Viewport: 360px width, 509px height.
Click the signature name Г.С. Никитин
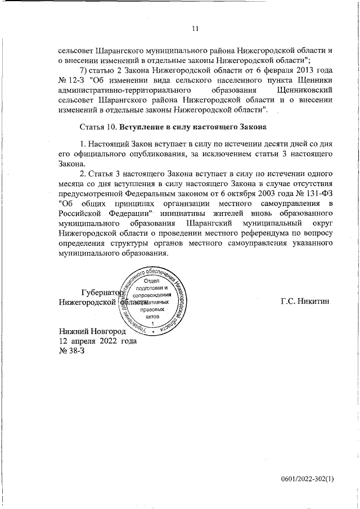click(306, 301)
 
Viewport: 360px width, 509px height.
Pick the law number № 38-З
click(71, 351)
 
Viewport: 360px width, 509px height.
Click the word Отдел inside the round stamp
click(153, 281)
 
